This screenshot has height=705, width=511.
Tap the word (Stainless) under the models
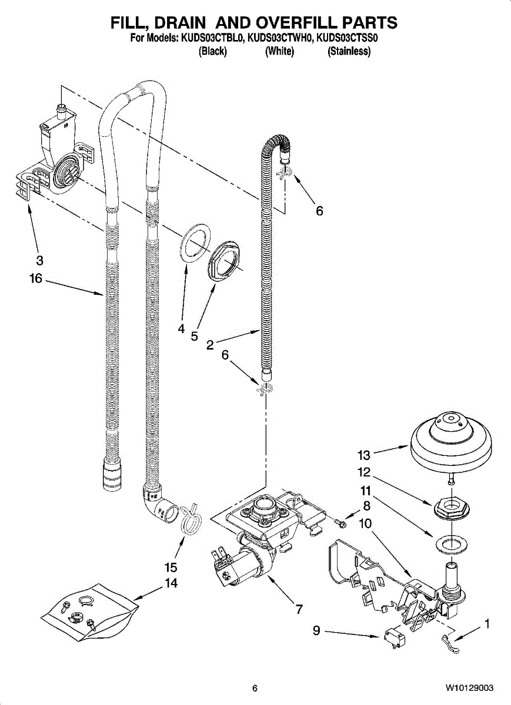[x=349, y=51]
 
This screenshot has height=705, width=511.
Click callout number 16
[x=36, y=278]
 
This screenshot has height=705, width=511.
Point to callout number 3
[x=40, y=260]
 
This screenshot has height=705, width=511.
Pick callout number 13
[x=364, y=455]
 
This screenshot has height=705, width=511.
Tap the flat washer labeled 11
[x=451, y=543]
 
